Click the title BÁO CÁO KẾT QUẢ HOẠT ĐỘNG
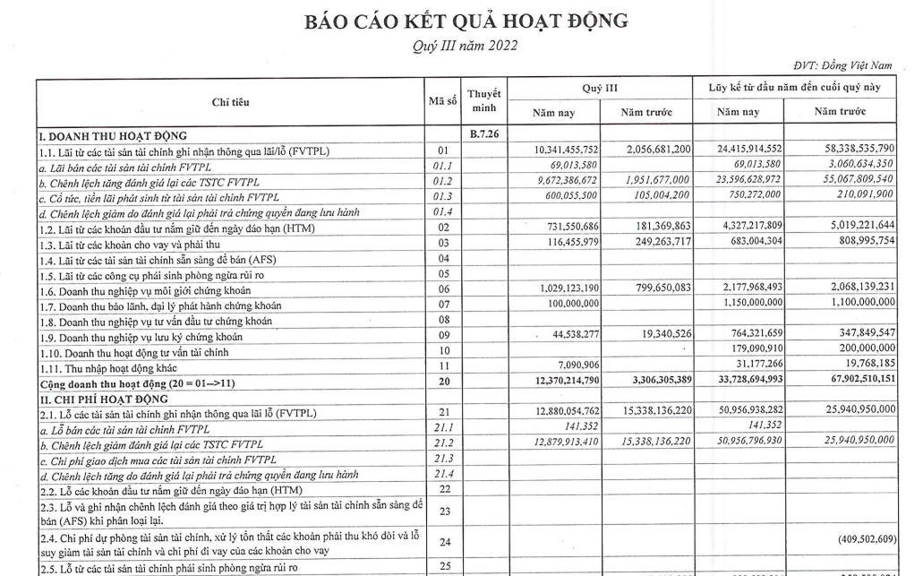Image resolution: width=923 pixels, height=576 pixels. coord(466,20)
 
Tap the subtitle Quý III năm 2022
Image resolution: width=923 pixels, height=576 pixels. coord(466,46)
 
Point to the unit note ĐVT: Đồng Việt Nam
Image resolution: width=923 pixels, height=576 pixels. coord(843,65)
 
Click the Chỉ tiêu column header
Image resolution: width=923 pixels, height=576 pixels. coord(229,102)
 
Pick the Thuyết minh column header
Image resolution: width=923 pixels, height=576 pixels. coord(483,101)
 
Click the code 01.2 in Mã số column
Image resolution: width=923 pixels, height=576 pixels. coord(441,180)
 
